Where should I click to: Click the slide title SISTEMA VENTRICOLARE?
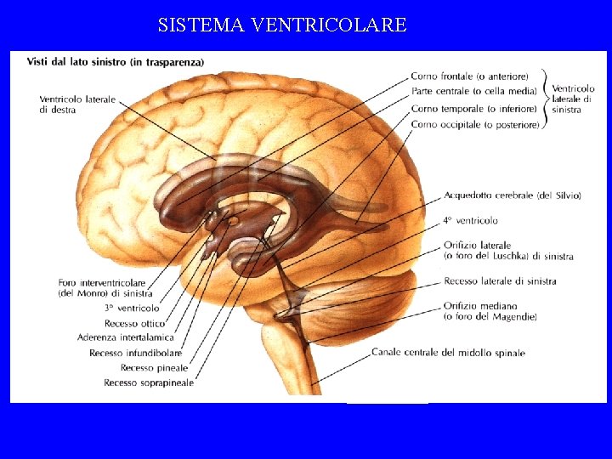(282, 25)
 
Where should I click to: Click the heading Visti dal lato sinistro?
(116, 61)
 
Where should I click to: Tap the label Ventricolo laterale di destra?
(76, 105)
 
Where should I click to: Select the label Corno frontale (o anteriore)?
(469, 76)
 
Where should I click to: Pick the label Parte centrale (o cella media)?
(473, 92)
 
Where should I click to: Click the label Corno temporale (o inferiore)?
(473, 109)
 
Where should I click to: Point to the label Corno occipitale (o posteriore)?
(474, 125)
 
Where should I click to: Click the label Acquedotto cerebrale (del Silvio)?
(512, 195)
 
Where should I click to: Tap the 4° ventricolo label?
(470, 220)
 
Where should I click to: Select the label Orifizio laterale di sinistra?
(508, 251)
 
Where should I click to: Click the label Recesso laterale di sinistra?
(500, 280)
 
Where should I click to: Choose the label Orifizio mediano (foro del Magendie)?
(490, 311)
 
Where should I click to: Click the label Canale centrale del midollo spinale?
(448, 353)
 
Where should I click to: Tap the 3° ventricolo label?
(132, 308)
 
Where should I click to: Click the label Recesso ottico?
(134, 323)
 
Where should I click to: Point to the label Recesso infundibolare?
(135, 353)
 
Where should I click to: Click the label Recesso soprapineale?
(149, 382)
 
